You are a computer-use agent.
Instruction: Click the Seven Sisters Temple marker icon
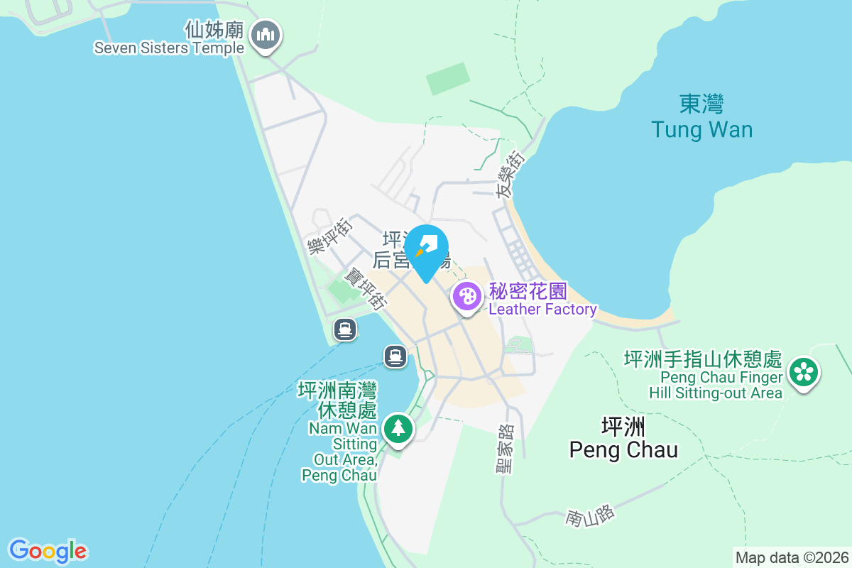pos(266,35)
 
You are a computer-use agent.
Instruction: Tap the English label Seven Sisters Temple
pos(169,48)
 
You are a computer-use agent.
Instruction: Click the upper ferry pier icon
pos(345,329)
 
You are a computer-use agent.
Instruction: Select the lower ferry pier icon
pos(395,355)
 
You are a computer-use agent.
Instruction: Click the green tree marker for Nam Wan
pos(398,429)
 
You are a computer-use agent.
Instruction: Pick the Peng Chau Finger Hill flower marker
pos(804,371)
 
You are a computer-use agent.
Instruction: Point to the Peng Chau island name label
pos(623,439)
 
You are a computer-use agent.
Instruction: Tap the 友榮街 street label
pos(510,175)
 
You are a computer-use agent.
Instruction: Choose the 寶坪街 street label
pos(365,287)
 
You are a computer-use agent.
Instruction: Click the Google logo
pos(48,551)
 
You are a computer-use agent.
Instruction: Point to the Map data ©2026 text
pos(792,557)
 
